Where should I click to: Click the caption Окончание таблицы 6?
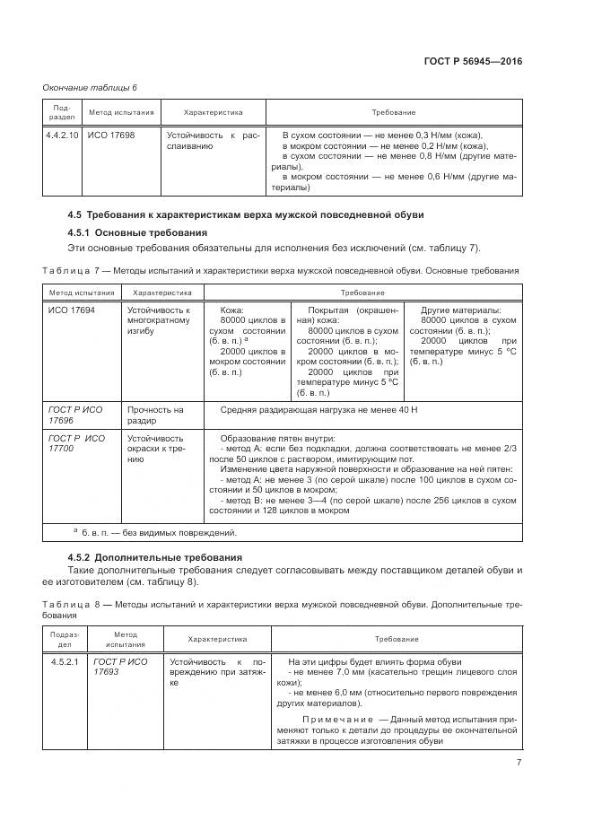pyautogui.click(x=91, y=87)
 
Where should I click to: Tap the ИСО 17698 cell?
pyautogui.click(x=110, y=135)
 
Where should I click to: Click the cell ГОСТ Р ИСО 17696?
pyautogui.click(x=75, y=414)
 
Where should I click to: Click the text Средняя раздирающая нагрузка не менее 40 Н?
pyautogui.click(x=319, y=409)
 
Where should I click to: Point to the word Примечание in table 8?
pyautogui.click(x=334, y=720)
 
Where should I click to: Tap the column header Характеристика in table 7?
pyautogui.click(x=162, y=293)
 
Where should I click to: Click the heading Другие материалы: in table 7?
pyautogui.click(x=461, y=309)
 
